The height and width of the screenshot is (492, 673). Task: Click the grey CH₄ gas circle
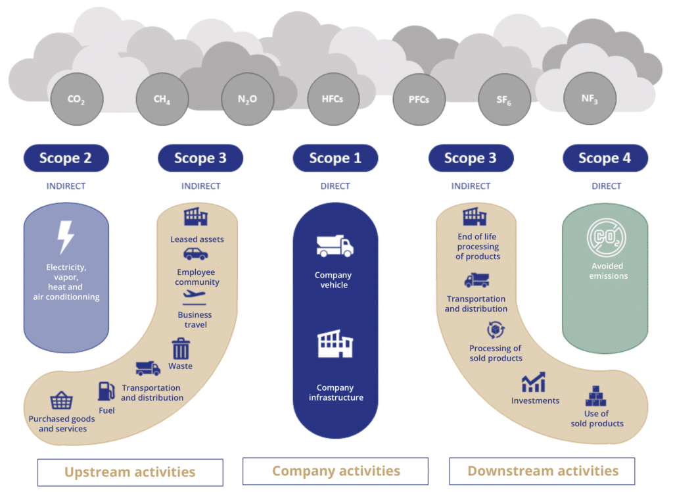point(162,99)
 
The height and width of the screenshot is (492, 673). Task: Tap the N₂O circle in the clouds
point(248,99)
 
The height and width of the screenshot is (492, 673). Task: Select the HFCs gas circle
point(333,99)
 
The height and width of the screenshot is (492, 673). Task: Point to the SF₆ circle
point(504,99)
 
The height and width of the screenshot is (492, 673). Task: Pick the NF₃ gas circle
point(590,99)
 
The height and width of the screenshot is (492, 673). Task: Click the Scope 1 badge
point(336,158)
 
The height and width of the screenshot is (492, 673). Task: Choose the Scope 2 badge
point(66,158)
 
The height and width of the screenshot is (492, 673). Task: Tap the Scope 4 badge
point(605,158)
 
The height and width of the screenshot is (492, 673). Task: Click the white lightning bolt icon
point(66,237)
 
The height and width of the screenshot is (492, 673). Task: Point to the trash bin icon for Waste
point(181,349)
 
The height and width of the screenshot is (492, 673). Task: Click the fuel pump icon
point(106,391)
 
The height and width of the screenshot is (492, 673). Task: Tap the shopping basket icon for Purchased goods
point(61,401)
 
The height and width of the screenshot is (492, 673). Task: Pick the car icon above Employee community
point(196,255)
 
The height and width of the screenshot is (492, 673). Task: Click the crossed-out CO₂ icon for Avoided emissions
point(607,237)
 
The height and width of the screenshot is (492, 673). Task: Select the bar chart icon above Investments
point(534,382)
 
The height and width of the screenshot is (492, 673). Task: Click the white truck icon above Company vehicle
point(335,246)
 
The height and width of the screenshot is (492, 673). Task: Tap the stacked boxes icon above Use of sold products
point(595,396)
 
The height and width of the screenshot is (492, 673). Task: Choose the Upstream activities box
point(131,472)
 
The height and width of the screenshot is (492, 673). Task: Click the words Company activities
point(336,471)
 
